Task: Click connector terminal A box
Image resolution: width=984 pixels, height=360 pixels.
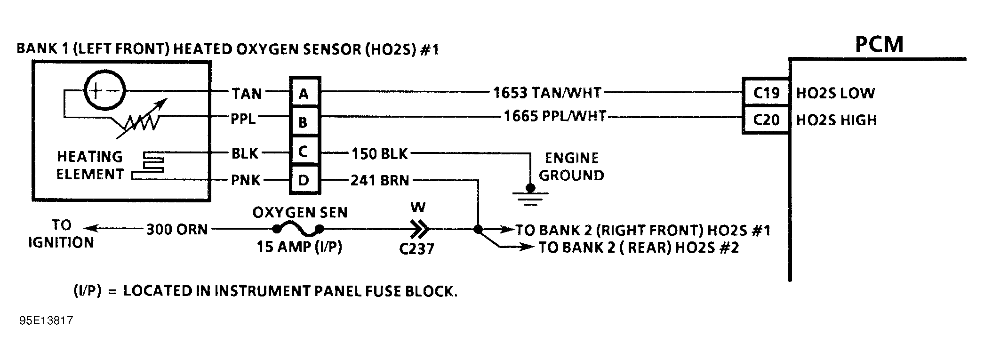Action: tap(304, 93)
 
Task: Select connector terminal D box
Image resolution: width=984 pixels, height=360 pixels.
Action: tap(304, 180)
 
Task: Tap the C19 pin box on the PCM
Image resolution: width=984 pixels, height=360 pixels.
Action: tap(766, 93)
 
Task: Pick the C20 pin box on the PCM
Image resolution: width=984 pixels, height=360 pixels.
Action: tap(766, 120)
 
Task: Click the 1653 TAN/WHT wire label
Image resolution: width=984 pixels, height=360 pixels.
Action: tap(547, 93)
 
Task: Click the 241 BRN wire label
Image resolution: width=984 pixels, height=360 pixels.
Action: tap(380, 180)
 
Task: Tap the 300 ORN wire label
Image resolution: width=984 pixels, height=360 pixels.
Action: tap(177, 230)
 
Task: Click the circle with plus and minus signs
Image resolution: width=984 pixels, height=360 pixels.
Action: tap(104, 91)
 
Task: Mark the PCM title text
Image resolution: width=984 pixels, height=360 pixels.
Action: tap(879, 44)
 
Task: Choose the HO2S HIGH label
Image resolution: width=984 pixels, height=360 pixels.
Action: tap(837, 120)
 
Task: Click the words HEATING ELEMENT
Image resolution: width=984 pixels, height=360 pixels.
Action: tap(89, 165)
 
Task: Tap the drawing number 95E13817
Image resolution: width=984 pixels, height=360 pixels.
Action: tap(46, 321)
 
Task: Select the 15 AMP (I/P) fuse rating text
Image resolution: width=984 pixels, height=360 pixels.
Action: tap(299, 247)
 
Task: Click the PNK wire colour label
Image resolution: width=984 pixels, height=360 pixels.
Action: tap(246, 180)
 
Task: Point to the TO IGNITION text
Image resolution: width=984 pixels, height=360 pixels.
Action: tap(61, 234)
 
